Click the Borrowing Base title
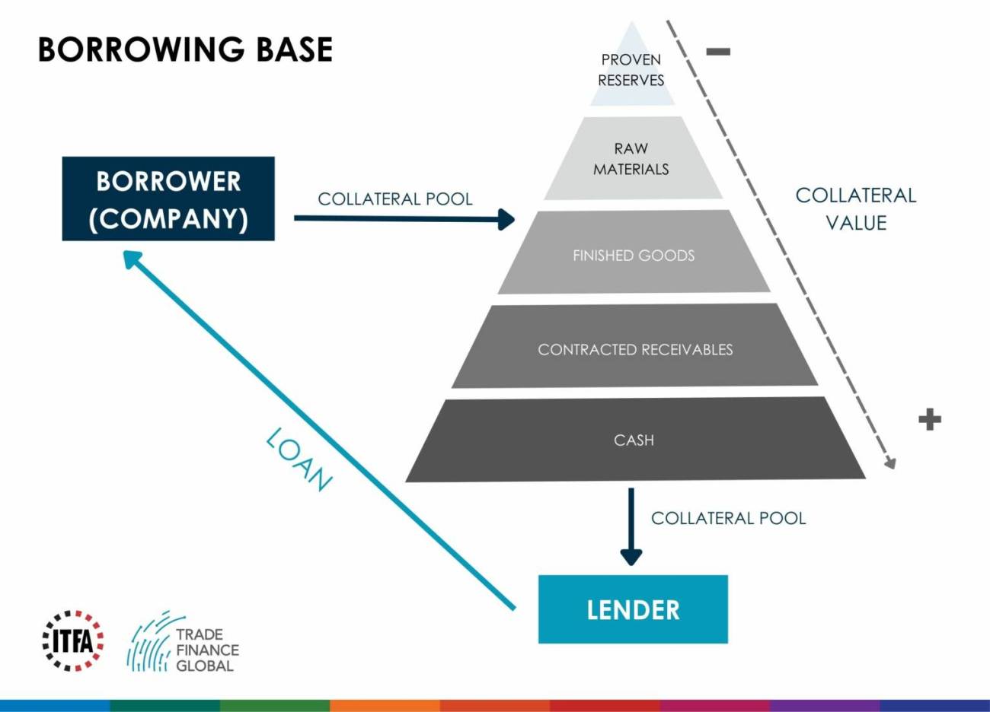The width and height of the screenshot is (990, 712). [185, 50]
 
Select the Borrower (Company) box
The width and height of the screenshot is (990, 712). [168, 199]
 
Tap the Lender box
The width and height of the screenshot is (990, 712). [633, 609]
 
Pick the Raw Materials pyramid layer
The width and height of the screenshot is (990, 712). [631, 159]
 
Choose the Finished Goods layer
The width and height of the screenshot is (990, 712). [634, 256]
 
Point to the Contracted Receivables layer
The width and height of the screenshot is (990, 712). [635, 349]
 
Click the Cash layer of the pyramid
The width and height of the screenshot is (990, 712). [634, 440]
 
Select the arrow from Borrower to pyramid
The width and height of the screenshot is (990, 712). [404, 219]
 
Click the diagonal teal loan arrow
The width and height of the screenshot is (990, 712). [320, 430]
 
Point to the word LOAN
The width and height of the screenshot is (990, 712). [299, 459]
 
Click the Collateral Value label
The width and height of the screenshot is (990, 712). [856, 209]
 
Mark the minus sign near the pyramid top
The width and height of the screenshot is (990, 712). [718, 52]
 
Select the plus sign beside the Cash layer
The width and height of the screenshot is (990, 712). [929, 419]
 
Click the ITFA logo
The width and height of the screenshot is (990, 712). [72, 640]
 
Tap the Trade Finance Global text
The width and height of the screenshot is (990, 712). [206, 650]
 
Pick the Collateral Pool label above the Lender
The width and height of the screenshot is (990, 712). [728, 518]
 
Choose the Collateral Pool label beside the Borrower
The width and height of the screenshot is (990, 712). [395, 199]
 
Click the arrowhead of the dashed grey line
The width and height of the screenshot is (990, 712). [890, 463]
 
